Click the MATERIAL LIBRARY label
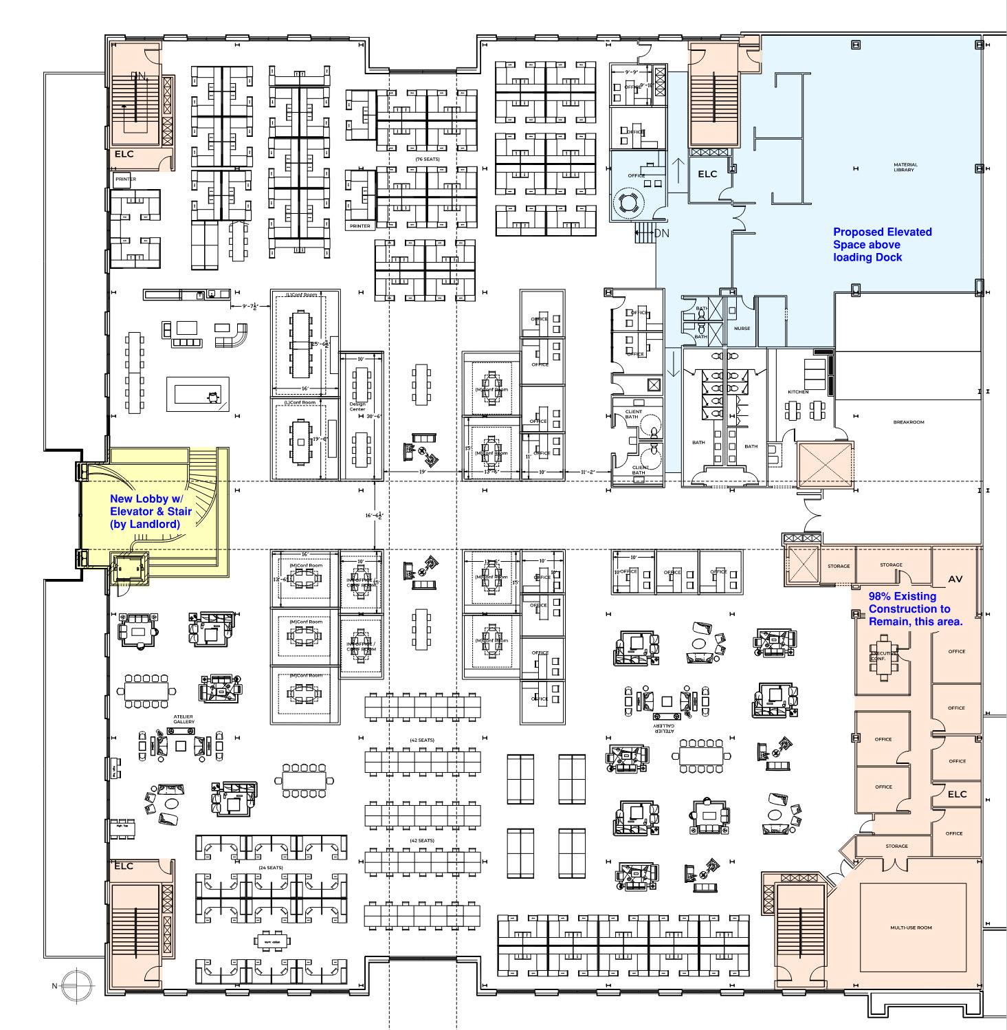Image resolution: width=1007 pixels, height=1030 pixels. click(x=905, y=167)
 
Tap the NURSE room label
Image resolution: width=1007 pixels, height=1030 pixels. click(x=742, y=328)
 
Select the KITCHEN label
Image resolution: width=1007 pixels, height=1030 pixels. click(x=798, y=392)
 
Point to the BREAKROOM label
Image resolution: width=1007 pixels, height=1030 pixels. click(x=908, y=422)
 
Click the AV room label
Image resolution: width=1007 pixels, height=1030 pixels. click(x=955, y=580)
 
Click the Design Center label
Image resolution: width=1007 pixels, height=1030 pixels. click(x=357, y=406)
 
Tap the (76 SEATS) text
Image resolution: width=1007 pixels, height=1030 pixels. click(x=427, y=160)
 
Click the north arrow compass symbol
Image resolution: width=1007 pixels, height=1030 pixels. click(x=76, y=985)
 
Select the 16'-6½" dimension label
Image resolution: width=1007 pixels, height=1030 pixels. click(x=374, y=515)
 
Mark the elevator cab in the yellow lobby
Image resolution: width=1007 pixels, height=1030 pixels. click(x=129, y=568)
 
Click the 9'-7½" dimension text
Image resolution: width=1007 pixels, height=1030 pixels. click(x=244, y=306)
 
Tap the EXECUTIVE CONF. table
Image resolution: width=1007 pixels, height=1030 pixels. click(x=883, y=657)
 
